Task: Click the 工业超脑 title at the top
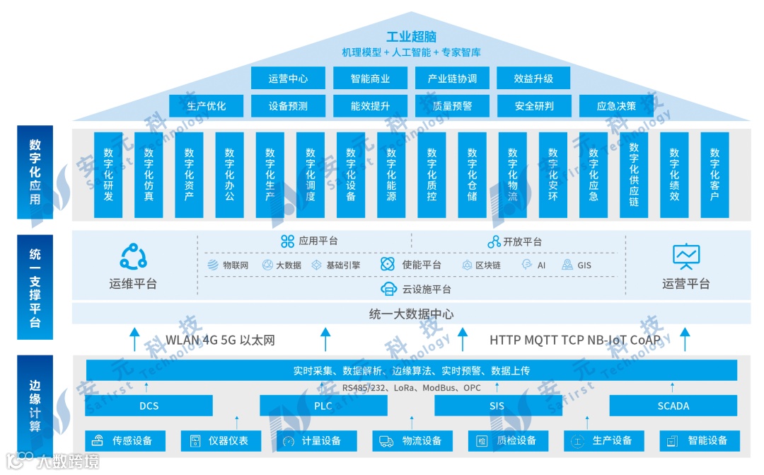411,37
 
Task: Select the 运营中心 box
288,79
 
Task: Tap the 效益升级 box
533,79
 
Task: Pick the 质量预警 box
452,106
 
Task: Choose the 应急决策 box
615,106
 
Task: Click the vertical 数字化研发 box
108,174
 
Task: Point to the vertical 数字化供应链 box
634,174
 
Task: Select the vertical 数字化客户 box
714,174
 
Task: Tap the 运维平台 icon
133,256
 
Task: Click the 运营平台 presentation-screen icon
685,256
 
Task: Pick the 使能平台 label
422,265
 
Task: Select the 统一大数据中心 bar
411,314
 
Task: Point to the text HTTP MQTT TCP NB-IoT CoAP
574,340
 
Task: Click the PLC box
323,406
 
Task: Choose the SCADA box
673,406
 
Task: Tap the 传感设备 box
125,441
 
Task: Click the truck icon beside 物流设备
386,441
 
